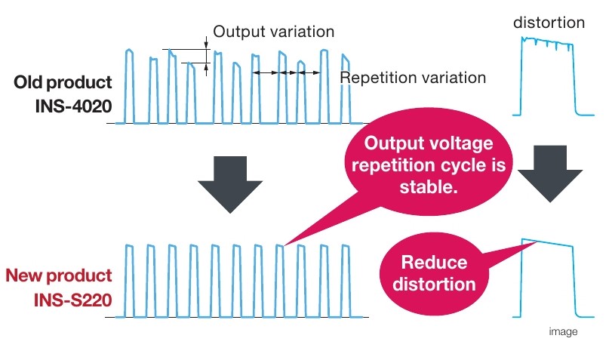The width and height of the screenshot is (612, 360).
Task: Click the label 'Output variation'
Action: pos(274,32)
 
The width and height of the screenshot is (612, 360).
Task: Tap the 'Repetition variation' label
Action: pos(413,78)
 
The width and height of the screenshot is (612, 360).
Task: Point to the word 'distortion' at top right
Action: pos(549,23)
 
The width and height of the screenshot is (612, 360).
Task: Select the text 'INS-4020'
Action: pos(74,106)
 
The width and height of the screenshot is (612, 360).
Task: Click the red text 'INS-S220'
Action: pos(73,300)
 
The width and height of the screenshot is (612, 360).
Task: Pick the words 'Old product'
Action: pos(63,82)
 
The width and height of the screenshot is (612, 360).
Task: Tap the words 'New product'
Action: pos(59,275)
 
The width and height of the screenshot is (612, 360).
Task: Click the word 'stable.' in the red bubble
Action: pos(429,186)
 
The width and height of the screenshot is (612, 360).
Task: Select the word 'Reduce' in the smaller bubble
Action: pos(434,262)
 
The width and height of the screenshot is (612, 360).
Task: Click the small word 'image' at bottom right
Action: pos(563,331)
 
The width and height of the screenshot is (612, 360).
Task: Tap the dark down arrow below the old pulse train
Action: pos(230,184)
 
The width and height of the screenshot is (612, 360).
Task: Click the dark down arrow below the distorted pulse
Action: pos(550,174)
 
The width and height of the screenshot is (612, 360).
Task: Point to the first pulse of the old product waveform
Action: pos(130,86)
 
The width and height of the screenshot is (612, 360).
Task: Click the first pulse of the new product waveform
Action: pos(130,281)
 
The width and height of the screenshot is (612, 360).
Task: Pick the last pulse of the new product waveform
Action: pos(346,281)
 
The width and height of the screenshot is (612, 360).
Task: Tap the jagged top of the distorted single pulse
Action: pos(547,42)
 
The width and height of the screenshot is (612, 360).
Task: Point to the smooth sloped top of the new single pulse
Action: pos(547,242)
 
